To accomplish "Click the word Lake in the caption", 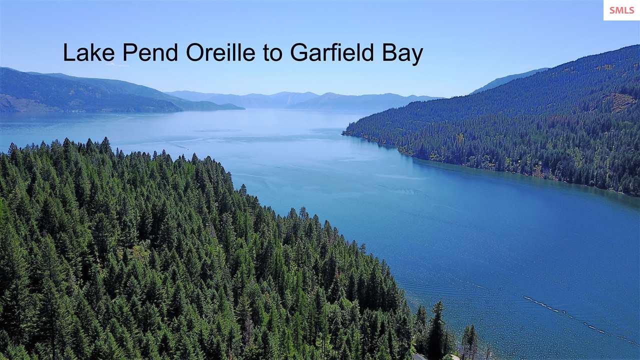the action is [89, 52].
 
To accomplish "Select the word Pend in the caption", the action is [150, 52].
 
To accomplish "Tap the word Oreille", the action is [220, 52].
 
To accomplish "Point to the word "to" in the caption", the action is [272, 53].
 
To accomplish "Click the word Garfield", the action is [332, 52].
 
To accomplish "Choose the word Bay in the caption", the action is [403, 54].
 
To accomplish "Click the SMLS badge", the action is [621, 10].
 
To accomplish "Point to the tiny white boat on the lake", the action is [187, 148].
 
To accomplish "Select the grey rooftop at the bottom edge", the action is [420, 357].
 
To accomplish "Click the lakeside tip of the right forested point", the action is [343, 133].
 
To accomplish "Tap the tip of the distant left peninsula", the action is [243, 108].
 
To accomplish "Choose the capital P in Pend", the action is [129, 52].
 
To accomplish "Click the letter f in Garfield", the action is [333, 52].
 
